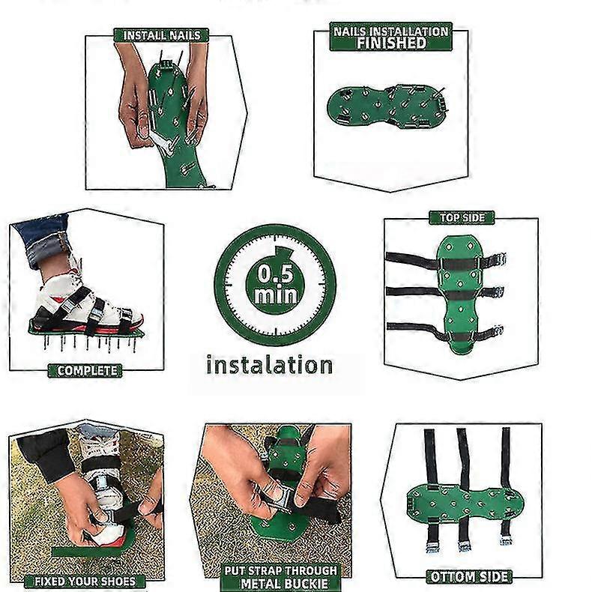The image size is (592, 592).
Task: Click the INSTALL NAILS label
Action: tap(161, 35)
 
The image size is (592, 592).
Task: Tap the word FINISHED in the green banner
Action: tap(390, 43)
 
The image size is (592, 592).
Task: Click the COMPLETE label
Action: tap(88, 370)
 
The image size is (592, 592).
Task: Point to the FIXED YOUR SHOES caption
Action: tap(85, 582)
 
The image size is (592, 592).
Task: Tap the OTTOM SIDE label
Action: tap(468, 576)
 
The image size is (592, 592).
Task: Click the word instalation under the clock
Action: tap(269, 365)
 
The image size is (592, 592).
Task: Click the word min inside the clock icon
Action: tap(275, 295)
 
